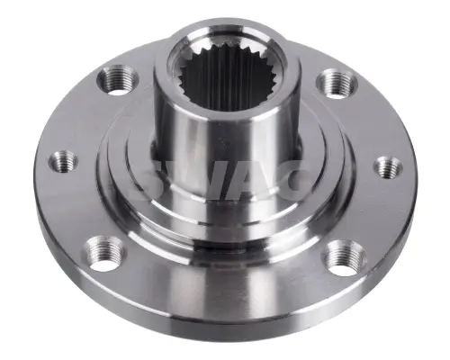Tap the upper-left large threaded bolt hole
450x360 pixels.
coord(118,81)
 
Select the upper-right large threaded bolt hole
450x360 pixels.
coord(337,84)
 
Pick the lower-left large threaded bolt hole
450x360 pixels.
coord(105,254)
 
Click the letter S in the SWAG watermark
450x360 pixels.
coord(159,180)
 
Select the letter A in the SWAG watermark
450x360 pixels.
coord(255,180)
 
